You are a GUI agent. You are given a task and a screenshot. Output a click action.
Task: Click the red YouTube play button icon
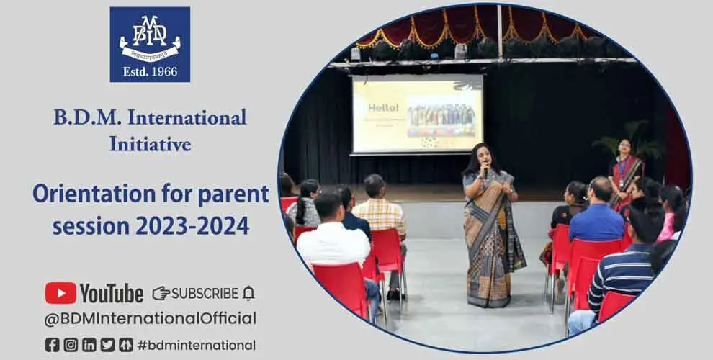pyautogui.click(x=60, y=293)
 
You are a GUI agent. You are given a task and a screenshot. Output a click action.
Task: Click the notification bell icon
pyautogui.click(x=248, y=293)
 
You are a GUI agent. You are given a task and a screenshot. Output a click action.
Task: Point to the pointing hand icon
pyautogui.click(x=161, y=293)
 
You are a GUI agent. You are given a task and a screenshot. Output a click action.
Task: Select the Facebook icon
pyautogui.click(x=52, y=345)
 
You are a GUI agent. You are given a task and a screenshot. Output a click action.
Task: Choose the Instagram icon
pyautogui.click(x=71, y=345)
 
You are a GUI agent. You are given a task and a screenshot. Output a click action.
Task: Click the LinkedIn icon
pyautogui.click(x=89, y=345)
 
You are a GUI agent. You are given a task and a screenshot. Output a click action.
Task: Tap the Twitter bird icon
pyautogui.click(x=107, y=345)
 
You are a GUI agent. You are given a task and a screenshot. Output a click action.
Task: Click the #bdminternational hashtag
pyautogui.click(x=196, y=345)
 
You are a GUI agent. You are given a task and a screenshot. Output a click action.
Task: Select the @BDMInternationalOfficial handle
pyautogui.click(x=151, y=318)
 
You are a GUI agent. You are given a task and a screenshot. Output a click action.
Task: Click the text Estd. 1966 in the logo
pyautogui.click(x=150, y=71)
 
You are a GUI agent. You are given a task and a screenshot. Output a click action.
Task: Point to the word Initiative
pyautogui.click(x=150, y=143)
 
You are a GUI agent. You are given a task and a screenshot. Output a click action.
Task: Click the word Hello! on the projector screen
pyautogui.click(x=383, y=107)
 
